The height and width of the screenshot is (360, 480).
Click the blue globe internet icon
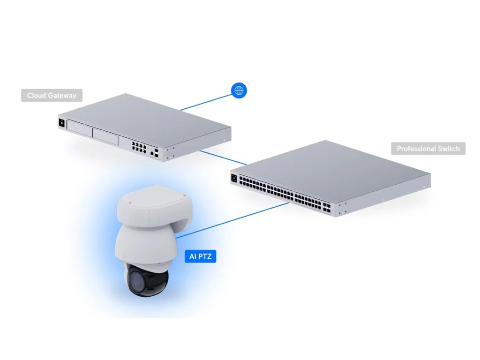click(239, 90)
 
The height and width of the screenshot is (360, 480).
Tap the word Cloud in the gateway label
click(36, 96)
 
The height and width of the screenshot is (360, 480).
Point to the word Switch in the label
click(449, 149)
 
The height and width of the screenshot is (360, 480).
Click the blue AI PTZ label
click(200, 256)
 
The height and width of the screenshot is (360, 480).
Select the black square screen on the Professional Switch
click(234, 178)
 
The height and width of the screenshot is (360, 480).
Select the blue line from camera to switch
click(234, 219)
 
